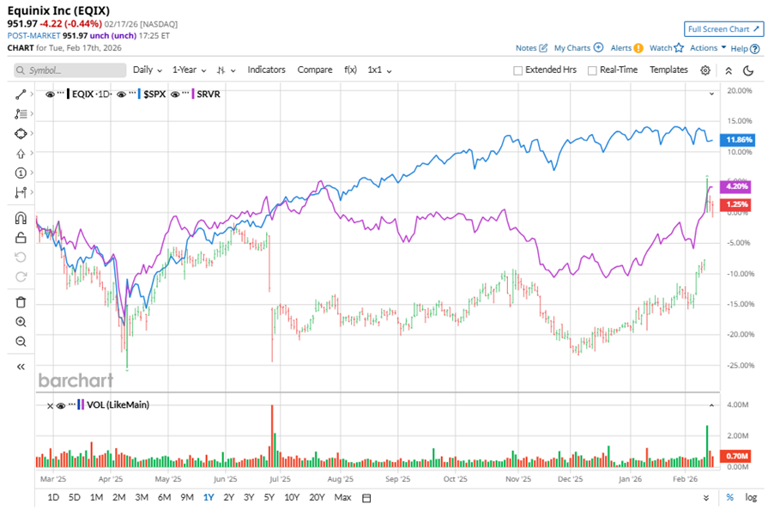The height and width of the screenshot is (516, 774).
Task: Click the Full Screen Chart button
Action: pyautogui.click(x=723, y=29)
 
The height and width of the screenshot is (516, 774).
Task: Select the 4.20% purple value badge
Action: pyautogui.click(x=737, y=186)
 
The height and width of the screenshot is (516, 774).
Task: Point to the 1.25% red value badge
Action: pyautogui.click(x=737, y=204)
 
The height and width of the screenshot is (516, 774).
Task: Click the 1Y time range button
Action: pyautogui.click(x=209, y=497)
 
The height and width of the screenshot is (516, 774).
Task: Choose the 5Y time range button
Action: pyautogui.click(x=269, y=497)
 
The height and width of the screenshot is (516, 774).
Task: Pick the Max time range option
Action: pyautogui.click(x=342, y=497)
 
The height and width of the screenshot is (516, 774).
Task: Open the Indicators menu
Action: pyautogui.click(x=267, y=70)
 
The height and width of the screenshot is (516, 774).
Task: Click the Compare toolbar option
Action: pyautogui.click(x=315, y=70)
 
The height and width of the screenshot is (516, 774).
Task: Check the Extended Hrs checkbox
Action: pyautogui.click(x=518, y=70)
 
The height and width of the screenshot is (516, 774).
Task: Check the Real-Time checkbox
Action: pyautogui.click(x=593, y=70)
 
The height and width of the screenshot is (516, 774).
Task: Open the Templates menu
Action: pyautogui.click(x=668, y=70)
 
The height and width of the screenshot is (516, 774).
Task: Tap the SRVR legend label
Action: pyautogui.click(x=208, y=94)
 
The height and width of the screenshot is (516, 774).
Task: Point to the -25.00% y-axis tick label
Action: pyautogui.click(x=739, y=366)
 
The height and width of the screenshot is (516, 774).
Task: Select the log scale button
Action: pyautogui.click(x=751, y=497)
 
